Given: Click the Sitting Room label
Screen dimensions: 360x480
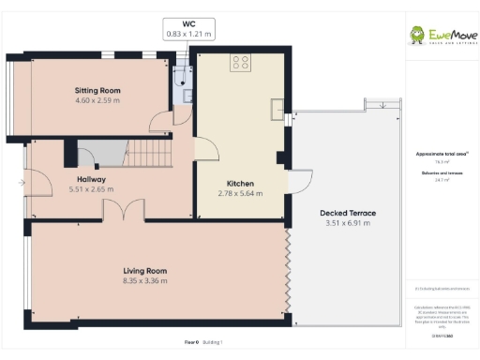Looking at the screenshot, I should point(97,91).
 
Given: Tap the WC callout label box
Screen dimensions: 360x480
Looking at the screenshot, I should point(188,29).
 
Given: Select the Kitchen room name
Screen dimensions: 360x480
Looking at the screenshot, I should point(241,183).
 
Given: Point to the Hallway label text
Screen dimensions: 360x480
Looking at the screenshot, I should point(91,179).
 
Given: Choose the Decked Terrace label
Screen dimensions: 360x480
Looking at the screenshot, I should point(347,214).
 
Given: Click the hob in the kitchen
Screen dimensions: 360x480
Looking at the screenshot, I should point(241,63).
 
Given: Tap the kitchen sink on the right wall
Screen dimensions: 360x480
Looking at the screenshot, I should point(278,109).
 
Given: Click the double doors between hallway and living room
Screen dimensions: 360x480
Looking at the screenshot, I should point(123,211).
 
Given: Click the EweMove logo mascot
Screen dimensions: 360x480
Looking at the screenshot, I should point(417,35).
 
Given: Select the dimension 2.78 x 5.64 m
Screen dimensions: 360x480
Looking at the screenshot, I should point(241,193).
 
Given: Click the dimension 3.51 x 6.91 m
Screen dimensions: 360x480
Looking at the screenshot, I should point(347,224).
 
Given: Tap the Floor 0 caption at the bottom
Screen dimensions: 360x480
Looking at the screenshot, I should point(190,342).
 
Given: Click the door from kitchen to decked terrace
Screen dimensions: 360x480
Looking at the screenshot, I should point(302,183).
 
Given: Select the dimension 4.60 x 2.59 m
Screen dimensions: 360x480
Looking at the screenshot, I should point(97,101).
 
